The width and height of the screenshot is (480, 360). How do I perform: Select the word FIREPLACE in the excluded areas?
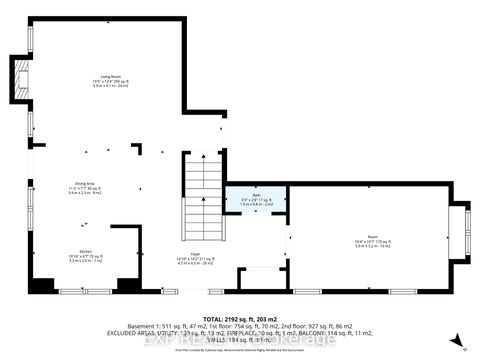(258, 332)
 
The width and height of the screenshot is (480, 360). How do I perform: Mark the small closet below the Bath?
(256, 278)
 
